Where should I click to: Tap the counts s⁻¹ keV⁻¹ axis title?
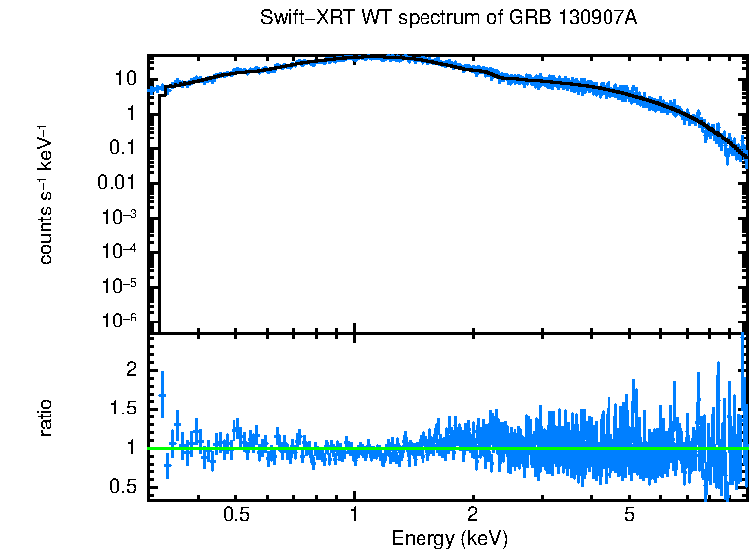tap(46, 199)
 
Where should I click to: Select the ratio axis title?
tap(46, 418)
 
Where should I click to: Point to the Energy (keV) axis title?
tap(449, 538)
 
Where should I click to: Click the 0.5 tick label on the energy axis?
tap(235, 515)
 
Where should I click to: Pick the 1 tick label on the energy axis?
tap(354, 515)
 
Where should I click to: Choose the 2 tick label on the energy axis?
tap(473, 515)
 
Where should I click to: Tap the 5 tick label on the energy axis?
tap(629, 515)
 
